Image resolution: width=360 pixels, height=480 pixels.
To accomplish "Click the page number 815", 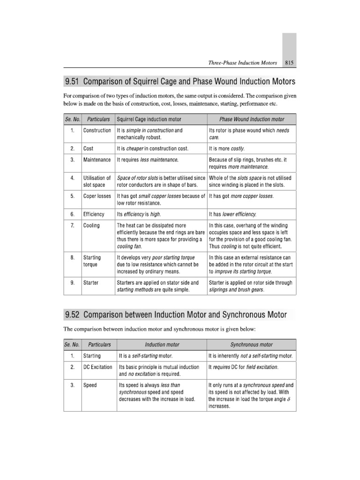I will pos(288,62).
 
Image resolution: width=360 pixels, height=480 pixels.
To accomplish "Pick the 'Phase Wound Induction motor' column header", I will pos(252,120).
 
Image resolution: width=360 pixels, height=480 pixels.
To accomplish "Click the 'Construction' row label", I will pos(97,130).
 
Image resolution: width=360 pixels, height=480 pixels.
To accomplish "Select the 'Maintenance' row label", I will pos(97,160).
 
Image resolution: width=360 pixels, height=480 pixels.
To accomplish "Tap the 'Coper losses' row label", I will pos(97,196).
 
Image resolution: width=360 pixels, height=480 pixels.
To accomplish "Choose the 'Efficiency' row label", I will pos(94,214).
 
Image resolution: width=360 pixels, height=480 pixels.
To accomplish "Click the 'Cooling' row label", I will pos(91,225).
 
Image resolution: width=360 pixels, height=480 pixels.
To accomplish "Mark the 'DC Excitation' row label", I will pos(97,367).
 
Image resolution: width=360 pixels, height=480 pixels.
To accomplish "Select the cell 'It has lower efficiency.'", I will pos(233,214).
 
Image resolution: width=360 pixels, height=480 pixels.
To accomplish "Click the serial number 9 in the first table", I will pos(73,283).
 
